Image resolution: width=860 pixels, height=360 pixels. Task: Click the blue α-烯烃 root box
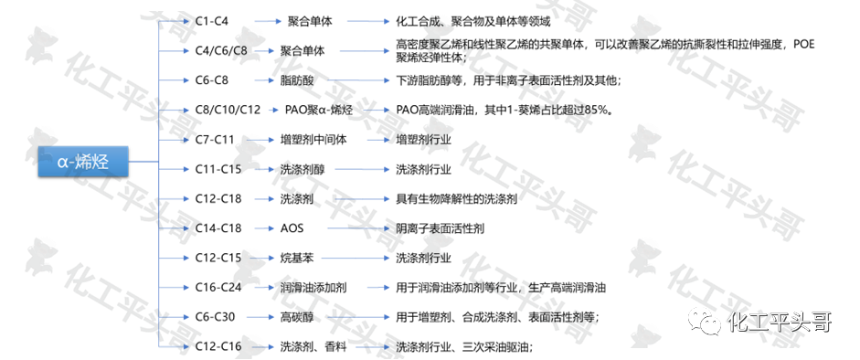pyautogui.click(x=83, y=162)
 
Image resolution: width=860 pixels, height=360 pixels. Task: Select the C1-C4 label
pyautogui.click(x=212, y=22)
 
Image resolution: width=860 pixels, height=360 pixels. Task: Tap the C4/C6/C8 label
pyautogui.click(x=221, y=51)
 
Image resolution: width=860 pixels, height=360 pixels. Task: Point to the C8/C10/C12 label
pyautogui.click(x=228, y=111)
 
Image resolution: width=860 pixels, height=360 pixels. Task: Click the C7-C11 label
pyautogui.click(x=215, y=140)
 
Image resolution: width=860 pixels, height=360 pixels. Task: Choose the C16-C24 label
pyautogui.click(x=218, y=287)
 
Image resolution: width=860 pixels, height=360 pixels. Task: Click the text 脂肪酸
pyautogui.click(x=297, y=80)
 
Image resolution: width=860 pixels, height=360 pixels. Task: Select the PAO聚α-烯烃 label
pyautogui.click(x=319, y=111)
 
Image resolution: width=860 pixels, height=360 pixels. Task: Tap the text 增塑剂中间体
pyautogui.click(x=313, y=140)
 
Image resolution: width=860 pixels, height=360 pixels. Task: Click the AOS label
pyautogui.click(x=292, y=228)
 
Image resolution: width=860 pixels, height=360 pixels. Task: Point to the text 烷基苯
pyautogui.click(x=297, y=258)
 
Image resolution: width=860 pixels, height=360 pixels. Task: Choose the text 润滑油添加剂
pyautogui.click(x=313, y=287)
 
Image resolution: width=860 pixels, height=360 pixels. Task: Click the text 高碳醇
pyautogui.click(x=297, y=317)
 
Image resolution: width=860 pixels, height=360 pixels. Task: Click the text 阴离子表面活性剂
pyautogui.click(x=440, y=228)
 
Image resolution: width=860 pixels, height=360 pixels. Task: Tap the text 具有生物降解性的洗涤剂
pyautogui.click(x=456, y=198)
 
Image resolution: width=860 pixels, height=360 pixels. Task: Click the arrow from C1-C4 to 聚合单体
pyautogui.click(x=268, y=22)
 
